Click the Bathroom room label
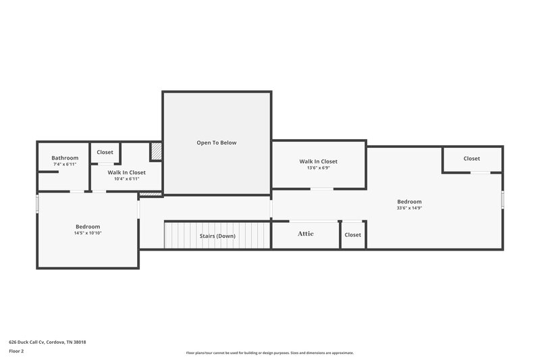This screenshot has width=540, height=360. (x=65, y=158)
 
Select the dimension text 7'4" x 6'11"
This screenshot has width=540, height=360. (x=65, y=165)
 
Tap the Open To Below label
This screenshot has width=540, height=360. (x=217, y=143)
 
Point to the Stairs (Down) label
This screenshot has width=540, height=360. (x=217, y=236)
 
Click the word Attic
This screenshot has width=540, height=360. (x=306, y=234)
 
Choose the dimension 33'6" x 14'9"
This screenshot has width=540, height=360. (x=409, y=208)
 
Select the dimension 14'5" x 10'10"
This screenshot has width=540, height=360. (x=88, y=233)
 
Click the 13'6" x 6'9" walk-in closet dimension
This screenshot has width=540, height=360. (x=319, y=168)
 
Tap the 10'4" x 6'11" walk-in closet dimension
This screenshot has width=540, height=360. (x=127, y=179)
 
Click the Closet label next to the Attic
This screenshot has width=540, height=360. (x=353, y=235)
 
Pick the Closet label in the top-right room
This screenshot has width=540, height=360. (x=472, y=159)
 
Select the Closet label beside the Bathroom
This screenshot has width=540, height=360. (x=105, y=153)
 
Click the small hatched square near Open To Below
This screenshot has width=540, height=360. (x=156, y=151)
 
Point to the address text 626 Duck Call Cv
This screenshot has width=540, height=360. (x=47, y=342)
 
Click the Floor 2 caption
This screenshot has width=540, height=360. (x=17, y=351)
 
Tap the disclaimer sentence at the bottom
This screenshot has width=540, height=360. (x=269, y=353)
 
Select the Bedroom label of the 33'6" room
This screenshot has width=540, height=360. (x=409, y=201)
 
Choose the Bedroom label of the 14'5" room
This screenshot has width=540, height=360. (x=88, y=226)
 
